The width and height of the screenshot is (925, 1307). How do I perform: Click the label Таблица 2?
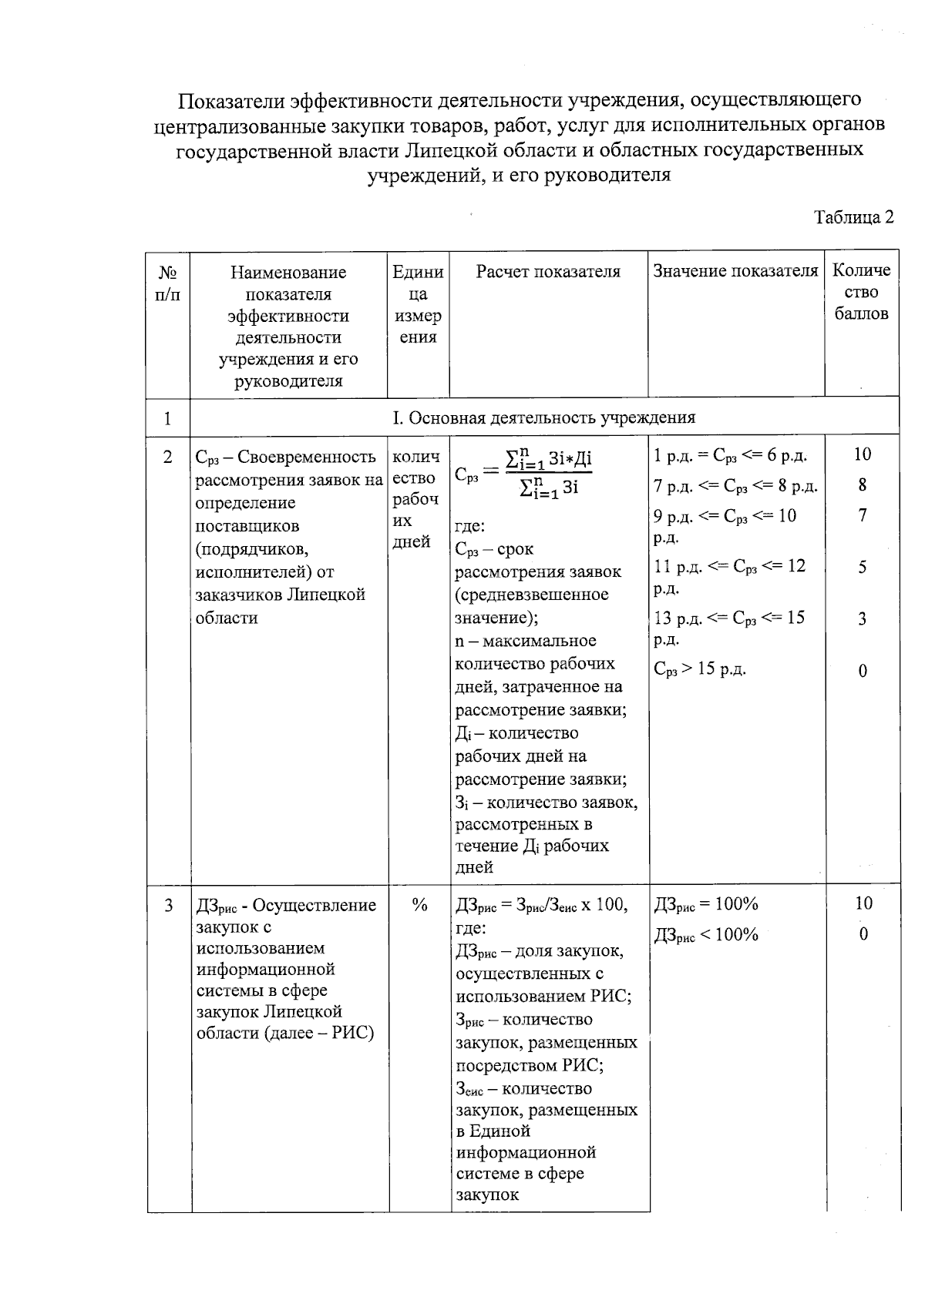pyautogui.click(x=854, y=217)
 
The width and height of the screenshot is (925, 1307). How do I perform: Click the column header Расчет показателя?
pyautogui.click(x=547, y=271)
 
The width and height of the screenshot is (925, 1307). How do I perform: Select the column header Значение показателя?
pyautogui.click(x=735, y=271)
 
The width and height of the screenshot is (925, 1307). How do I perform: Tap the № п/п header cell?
pyautogui.click(x=168, y=283)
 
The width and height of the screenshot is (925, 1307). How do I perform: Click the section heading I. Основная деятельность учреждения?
pyautogui.click(x=543, y=417)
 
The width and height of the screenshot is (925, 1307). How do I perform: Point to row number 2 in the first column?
pyautogui.click(x=168, y=457)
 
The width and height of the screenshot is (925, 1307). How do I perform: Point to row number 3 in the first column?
pyautogui.click(x=168, y=905)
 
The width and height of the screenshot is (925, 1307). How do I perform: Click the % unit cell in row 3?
pyautogui.click(x=419, y=905)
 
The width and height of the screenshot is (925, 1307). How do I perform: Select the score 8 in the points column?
pyautogui.click(x=863, y=484)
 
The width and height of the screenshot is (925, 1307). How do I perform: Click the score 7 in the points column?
pyautogui.click(x=863, y=515)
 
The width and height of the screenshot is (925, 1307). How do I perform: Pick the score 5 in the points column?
pyautogui.click(x=863, y=567)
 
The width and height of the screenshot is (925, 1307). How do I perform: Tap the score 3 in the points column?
pyautogui.click(x=863, y=618)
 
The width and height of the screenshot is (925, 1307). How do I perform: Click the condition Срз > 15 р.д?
pyautogui.click(x=700, y=669)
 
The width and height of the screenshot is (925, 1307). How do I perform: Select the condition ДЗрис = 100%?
pyautogui.click(x=706, y=904)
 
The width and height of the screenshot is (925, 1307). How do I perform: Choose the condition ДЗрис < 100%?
pyautogui.click(x=706, y=935)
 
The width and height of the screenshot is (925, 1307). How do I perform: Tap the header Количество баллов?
pyautogui.click(x=861, y=292)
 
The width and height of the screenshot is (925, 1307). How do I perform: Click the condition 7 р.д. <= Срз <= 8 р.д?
pyautogui.click(x=735, y=486)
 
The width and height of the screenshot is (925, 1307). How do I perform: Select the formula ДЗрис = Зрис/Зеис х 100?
pyautogui.click(x=541, y=905)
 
